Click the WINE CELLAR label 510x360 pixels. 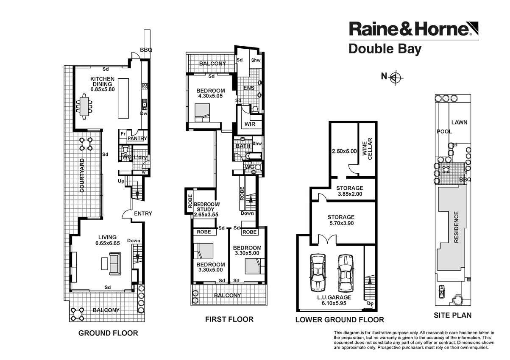(x=367, y=149)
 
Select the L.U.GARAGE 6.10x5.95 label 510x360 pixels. (x=335, y=300)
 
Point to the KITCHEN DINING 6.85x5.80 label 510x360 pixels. (x=102, y=84)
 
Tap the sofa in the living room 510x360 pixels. (x=114, y=263)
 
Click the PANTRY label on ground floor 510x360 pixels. (x=137, y=138)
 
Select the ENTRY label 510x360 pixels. (x=142, y=214)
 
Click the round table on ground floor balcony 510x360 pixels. (x=77, y=313)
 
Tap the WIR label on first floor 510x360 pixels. (x=250, y=125)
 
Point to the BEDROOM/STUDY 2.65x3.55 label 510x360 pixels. (x=206, y=210)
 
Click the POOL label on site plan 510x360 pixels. (x=444, y=132)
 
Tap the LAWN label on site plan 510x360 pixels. (x=459, y=122)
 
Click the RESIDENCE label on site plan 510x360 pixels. (x=456, y=227)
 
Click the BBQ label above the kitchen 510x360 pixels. (x=146, y=50)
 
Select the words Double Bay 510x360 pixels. (x=385, y=49)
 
